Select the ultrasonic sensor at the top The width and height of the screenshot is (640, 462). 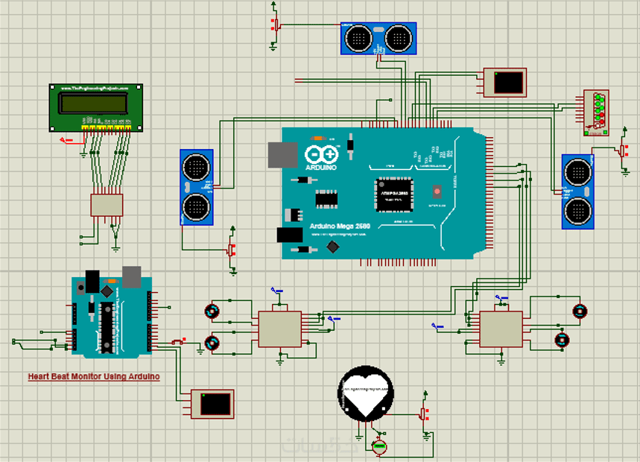click(x=378, y=37)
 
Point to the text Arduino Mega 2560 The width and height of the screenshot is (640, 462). click(x=341, y=227)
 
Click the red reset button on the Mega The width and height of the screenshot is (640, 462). click(x=437, y=191)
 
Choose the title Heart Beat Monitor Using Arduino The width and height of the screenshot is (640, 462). click(x=94, y=377)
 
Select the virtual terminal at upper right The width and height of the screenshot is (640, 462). click(x=505, y=81)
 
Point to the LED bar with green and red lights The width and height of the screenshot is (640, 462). click(x=596, y=113)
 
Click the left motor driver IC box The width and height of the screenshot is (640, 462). click(x=280, y=329)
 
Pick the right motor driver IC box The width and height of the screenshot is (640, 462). click(x=501, y=329)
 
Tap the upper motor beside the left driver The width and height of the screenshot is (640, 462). click(x=213, y=310)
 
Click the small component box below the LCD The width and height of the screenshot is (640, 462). click(x=107, y=205)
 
